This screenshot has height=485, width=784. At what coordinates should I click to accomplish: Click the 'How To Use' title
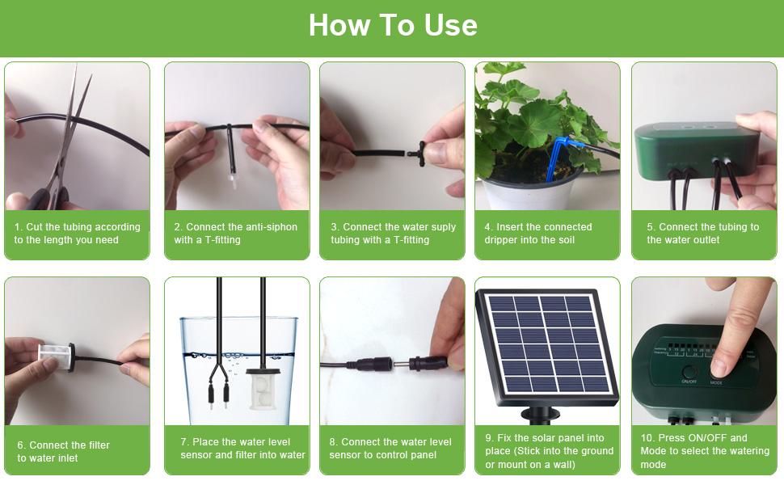coord(393,25)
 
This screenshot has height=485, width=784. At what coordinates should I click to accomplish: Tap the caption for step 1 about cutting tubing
coord(77,234)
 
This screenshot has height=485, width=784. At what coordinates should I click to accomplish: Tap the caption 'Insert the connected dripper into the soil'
coord(539,234)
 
